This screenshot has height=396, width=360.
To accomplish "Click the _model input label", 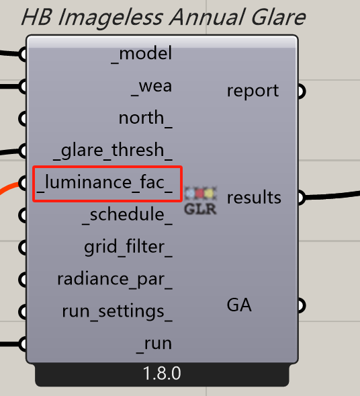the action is click(x=142, y=54).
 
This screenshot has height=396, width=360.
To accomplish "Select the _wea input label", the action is click(x=152, y=87).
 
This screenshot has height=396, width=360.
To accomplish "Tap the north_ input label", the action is click(x=146, y=118).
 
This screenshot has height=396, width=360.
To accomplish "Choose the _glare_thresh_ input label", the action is click(x=113, y=151).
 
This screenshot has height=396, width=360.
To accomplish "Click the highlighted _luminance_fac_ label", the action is click(x=105, y=183).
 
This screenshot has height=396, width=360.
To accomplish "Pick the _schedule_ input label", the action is click(x=128, y=215).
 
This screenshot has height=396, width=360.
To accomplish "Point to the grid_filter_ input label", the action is click(x=128, y=247).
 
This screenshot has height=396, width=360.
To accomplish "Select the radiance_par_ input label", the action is click(x=115, y=280).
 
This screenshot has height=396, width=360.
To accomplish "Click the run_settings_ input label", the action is click(x=118, y=312).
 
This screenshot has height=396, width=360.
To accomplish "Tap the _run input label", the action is click(x=154, y=344).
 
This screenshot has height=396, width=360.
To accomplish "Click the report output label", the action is click(x=253, y=91).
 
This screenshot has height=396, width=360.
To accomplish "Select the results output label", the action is click(x=254, y=198).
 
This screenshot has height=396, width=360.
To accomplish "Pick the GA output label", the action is click(x=239, y=305).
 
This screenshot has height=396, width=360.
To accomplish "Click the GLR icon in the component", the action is click(x=201, y=201).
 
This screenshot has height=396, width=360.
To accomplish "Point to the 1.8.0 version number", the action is click(x=162, y=374).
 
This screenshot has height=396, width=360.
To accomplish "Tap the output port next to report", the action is click(x=302, y=91).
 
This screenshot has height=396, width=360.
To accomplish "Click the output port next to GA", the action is click(x=302, y=306).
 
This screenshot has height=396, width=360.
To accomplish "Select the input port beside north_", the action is click(x=23, y=119).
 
